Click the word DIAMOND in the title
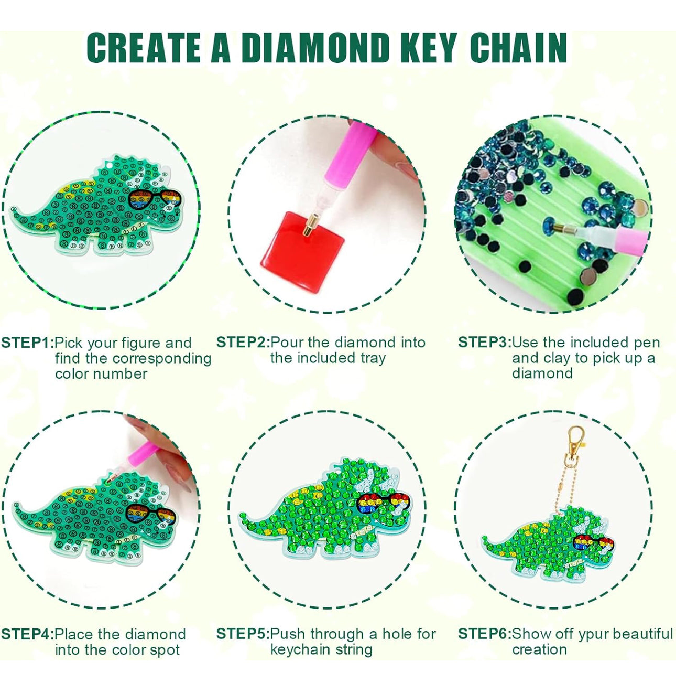pyautogui.click(x=315, y=48)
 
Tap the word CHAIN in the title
pyautogui.click(x=518, y=48)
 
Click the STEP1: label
pyautogui.click(x=27, y=343)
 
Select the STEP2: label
pyautogui.click(x=243, y=343)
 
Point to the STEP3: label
pyautogui.click(x=484, y=343)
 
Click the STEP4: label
pyautogui.click(x=27, y=634)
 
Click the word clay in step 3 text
pyautogui.click(x=555, y=358)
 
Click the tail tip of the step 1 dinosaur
pyautogui.click(x=12, y=209)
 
